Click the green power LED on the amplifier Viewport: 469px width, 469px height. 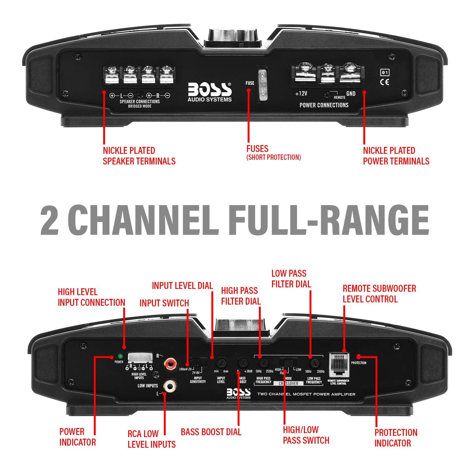point(119,356)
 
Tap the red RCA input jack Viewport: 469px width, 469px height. point(171,363)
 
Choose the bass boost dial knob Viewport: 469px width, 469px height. point(242,363)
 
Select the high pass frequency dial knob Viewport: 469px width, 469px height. point(264,363)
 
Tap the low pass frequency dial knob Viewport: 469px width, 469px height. point(314,363)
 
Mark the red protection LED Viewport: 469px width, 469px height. point(358,356)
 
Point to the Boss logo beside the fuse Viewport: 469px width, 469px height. point(209,92)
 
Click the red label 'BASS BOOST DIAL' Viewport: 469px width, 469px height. point(211,432)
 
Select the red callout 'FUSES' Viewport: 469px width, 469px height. point(257,149)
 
